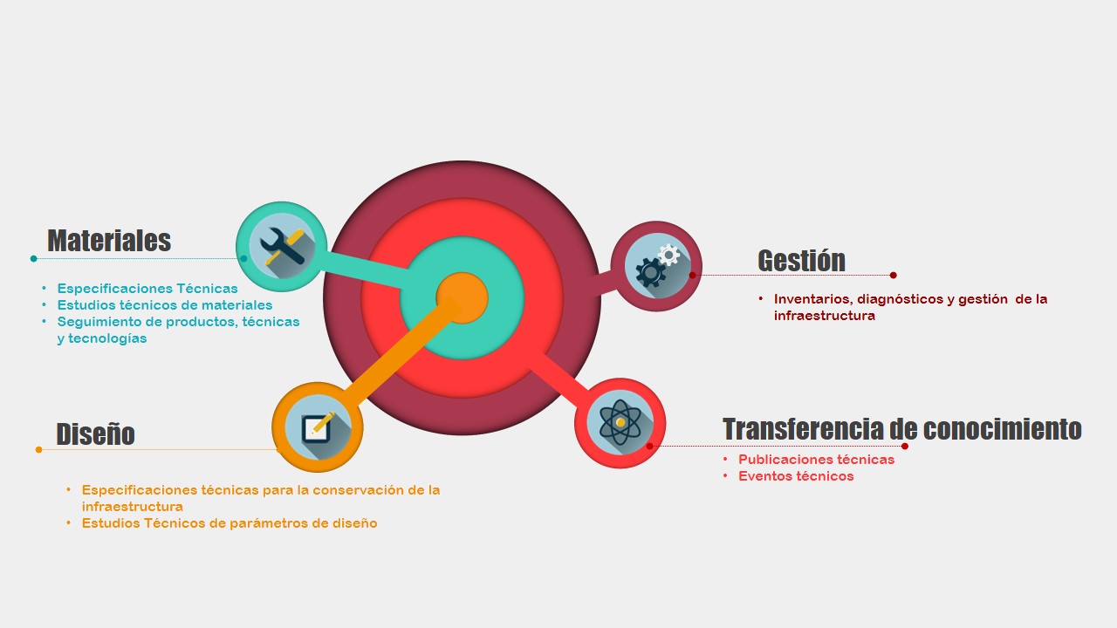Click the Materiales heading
click(109, 240)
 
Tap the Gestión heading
click(801, 260)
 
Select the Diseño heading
click(95, 433)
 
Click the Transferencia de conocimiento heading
click(902, 429)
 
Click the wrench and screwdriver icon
click(282, 246)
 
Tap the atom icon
click(620, 422)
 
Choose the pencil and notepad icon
click(317, 427)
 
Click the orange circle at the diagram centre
click(462, 298)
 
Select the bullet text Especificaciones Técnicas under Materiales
click(147, 289)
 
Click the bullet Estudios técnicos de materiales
click(165, 305)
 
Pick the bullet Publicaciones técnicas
click(816, 460)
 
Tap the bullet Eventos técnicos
click(796, 476)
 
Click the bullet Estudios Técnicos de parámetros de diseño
click(230, 523)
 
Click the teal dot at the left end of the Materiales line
click(33, 259)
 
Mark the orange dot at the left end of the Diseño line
click(39, 449)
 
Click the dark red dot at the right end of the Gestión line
click(893, 275)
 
